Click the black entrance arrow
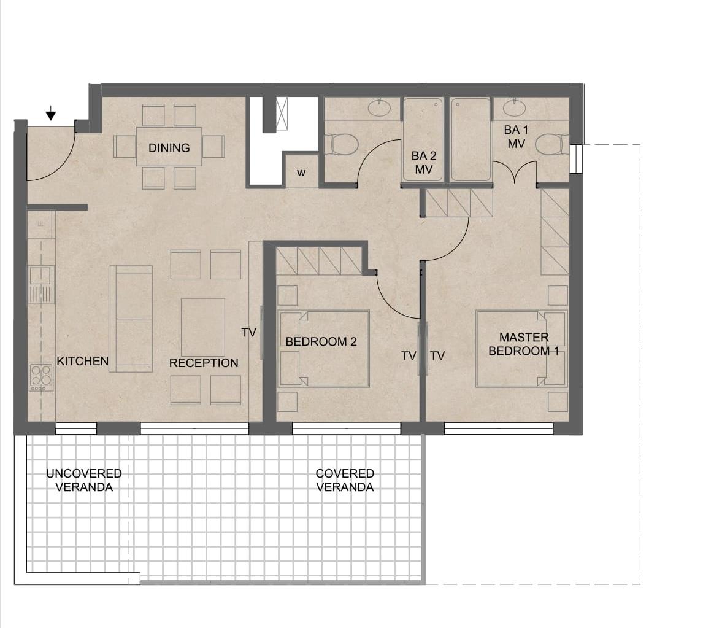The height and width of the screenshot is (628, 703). pyautogui.click(x=51, y=114)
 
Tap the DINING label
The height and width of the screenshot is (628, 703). pyautogui.click(x=169, y=147)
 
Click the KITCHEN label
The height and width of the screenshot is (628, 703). pyautogui.click(x=82, y=361)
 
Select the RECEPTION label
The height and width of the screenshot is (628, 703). pyautogui.click(x=204, y=363)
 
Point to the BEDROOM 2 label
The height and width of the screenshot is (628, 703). pyautogui.click(x=321, y=342)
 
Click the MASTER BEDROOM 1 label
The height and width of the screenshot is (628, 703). pyautogui.click(x=524, y=344)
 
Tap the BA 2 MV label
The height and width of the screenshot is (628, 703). pyautogui.click(x=424, y=163)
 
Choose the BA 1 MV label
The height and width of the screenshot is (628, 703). pyautogui.click(x=516, y=137)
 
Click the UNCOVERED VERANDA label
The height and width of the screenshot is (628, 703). pyautogui.click(x=84, y=480)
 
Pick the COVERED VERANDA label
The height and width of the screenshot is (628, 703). pyautogui.click(x=345, y=480)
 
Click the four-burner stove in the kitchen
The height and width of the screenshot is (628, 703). pyautogui.click(x=41, y=378)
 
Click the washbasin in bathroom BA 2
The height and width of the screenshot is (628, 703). pyautogui.click(x=380, y=107)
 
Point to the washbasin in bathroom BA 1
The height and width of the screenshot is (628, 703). pyautogui.click(x=514, y=107)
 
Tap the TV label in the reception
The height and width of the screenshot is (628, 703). pyautogui.click(x=249, y=332)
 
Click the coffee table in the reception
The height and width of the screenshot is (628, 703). pyautogui.click(x=203, y=327)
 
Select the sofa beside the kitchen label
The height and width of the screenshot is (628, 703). pyautogui.click(x=131, y=319)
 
